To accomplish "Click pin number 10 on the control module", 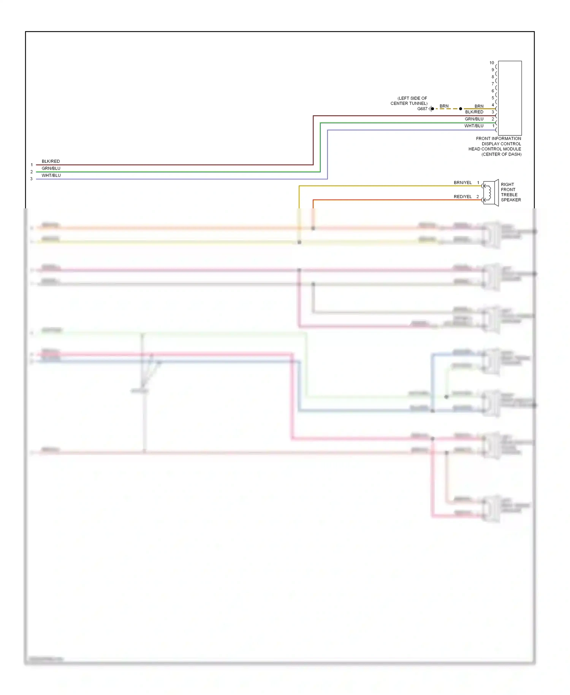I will pos(492,63).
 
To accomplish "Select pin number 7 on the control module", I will pos(493,84).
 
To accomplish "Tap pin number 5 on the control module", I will pos(493,98).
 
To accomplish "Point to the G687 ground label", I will pos(422,109).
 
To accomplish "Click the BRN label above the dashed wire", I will pos(444,106).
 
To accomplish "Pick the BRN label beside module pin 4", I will pos(479,106).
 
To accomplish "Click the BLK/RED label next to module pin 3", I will pos(474,112).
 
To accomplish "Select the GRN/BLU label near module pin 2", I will pos(474,119).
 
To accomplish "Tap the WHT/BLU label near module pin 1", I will pos(474,126).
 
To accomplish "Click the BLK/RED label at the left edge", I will pos(51,161).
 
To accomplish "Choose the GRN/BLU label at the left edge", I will pos(51,168).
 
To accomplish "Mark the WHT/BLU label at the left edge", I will pos(51,175).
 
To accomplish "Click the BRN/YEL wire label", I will pos(462,182).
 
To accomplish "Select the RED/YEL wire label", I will pos(462,197).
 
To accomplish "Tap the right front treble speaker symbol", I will pos(491,193).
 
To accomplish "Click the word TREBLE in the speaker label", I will pos(509,195).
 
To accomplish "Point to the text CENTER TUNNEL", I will pos(409,103).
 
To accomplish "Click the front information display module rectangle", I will pos(510,98).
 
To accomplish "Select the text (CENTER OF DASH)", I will pos(501,154).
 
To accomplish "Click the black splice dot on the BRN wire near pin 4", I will pos(461,109).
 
